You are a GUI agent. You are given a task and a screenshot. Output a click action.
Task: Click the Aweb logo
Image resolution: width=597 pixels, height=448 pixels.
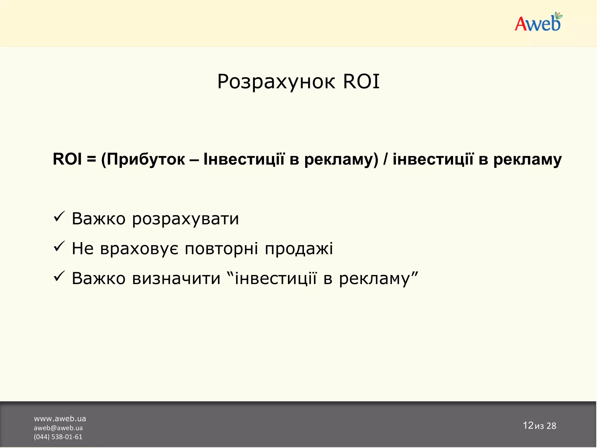(538, 23)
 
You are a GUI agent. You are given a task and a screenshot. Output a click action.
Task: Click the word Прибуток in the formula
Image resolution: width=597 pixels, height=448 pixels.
(145, 160)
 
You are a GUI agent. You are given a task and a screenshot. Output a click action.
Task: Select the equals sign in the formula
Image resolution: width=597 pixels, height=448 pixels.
(91, 160)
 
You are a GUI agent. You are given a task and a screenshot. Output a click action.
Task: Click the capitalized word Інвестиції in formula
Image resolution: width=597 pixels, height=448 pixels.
(244, 159)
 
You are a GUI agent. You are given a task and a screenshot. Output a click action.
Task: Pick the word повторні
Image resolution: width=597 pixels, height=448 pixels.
(221, 249)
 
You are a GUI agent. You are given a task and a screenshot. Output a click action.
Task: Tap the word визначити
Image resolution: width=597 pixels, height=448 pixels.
(176, 278)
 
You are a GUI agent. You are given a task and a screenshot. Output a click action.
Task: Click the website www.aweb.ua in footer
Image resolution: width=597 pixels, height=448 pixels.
(60, 419)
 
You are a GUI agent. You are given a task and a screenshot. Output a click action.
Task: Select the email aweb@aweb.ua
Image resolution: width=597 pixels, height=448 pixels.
(58, 428)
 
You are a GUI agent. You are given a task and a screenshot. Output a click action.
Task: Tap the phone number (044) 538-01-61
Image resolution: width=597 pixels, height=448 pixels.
(58, 437)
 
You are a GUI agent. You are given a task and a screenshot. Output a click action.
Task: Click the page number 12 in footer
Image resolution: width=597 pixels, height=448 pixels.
(528, 426)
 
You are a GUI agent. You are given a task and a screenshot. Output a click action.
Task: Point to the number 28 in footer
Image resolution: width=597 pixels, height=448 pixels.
(551, 426)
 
